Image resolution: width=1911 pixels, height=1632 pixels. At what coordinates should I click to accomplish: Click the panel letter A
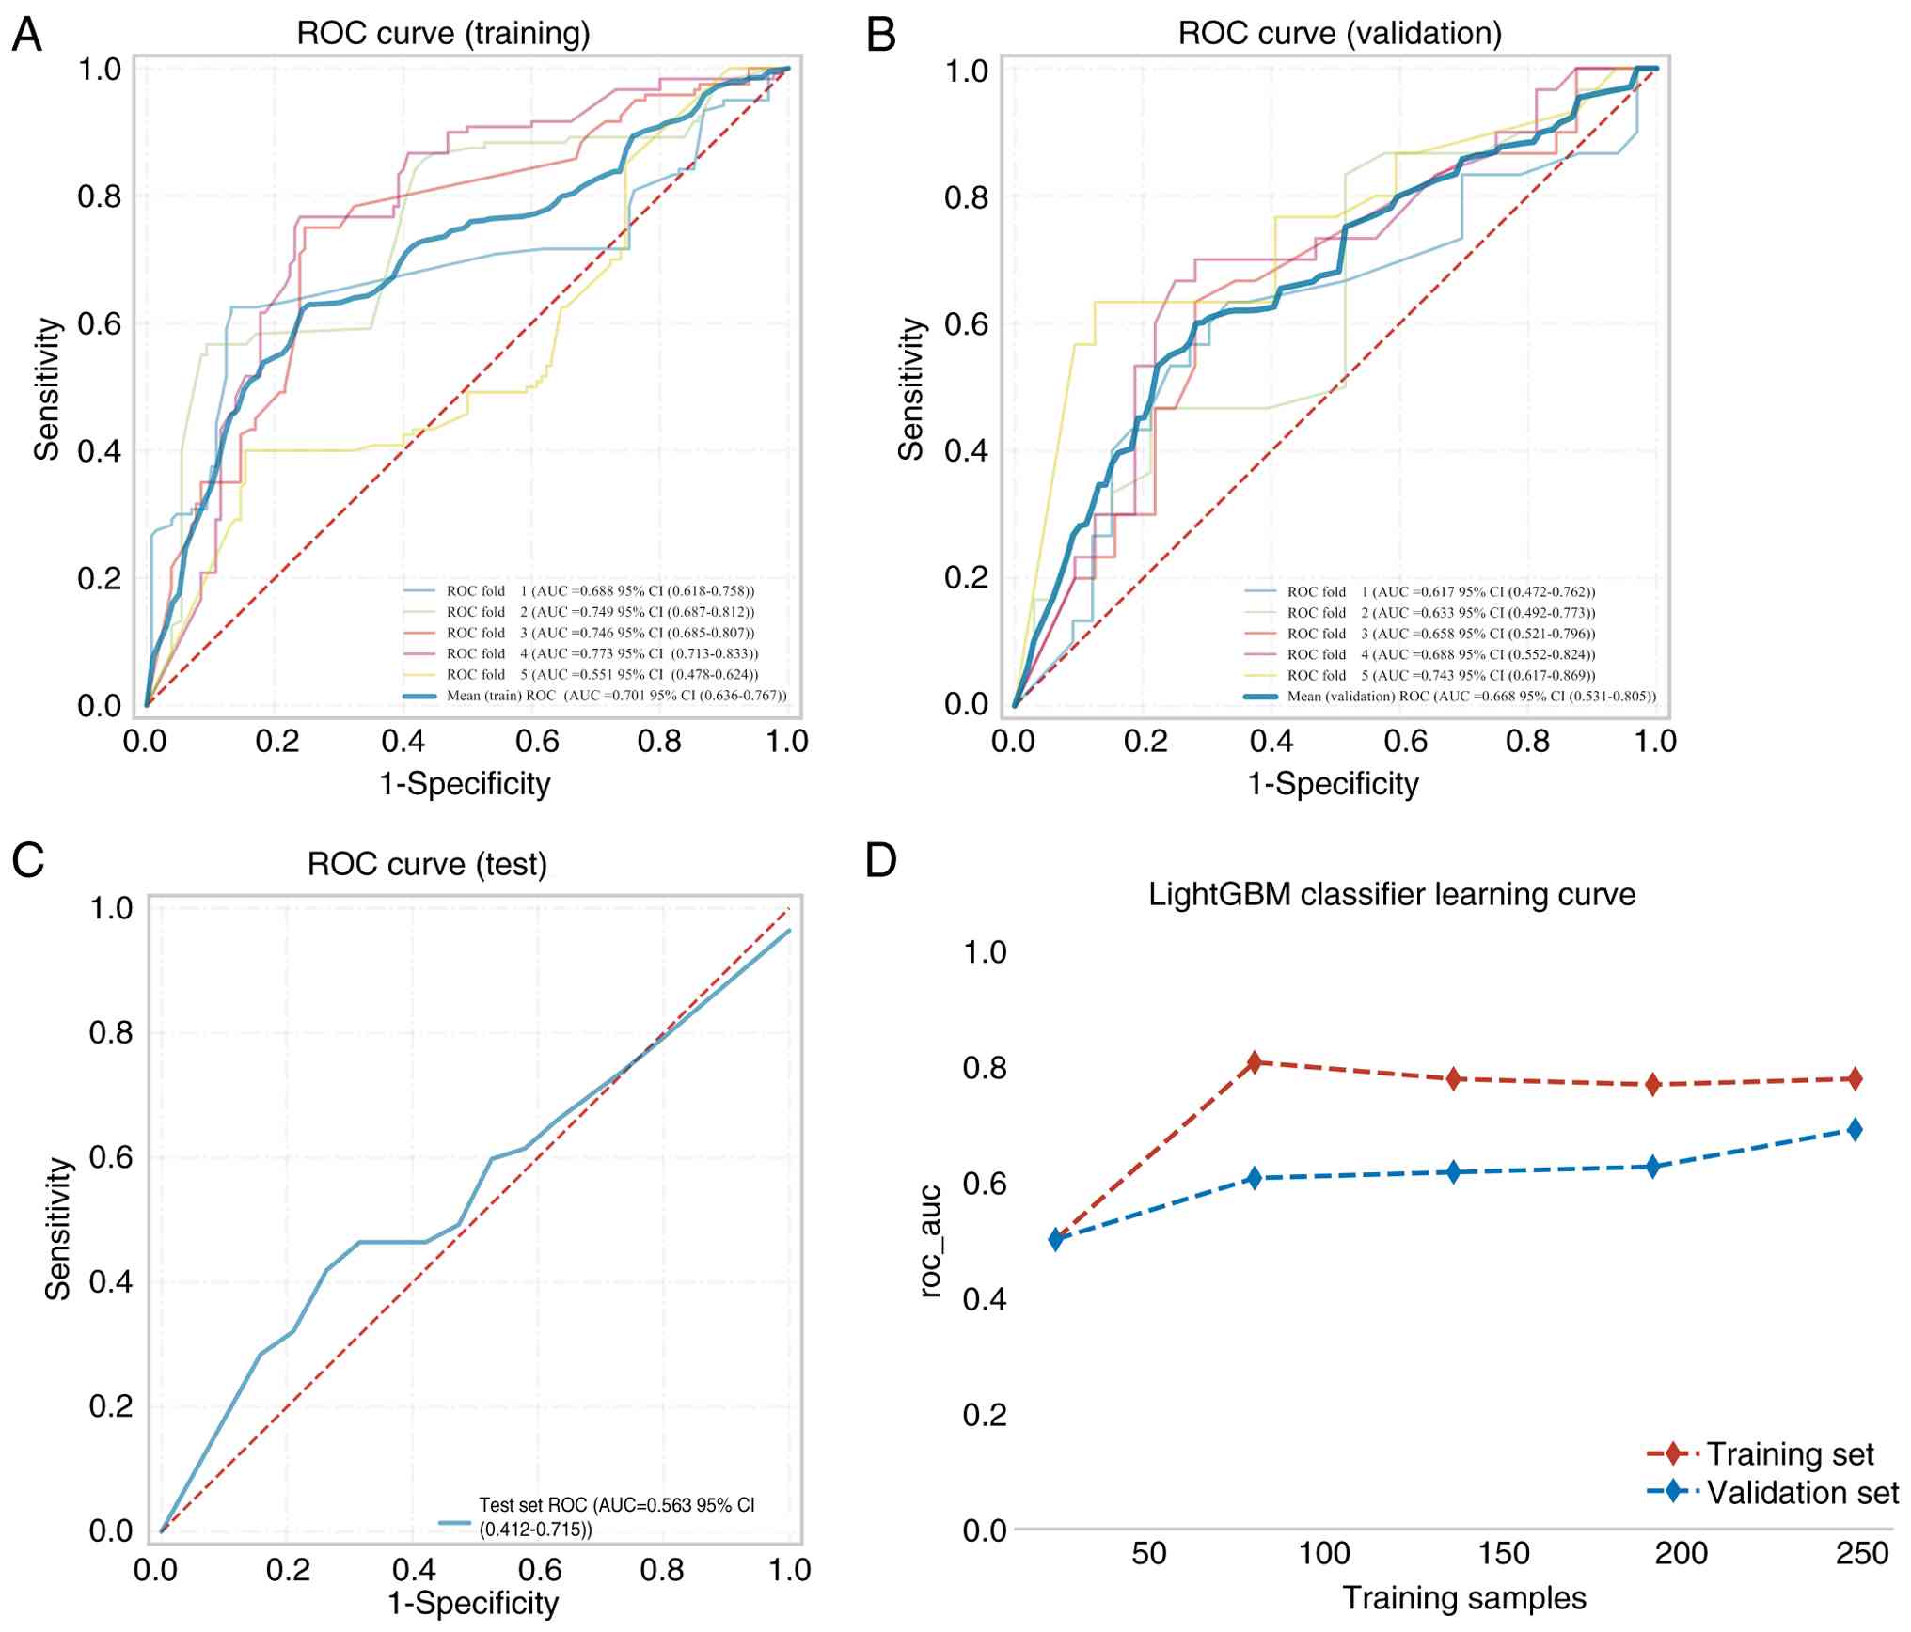27,35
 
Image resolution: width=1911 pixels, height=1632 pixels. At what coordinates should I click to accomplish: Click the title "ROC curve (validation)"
1339,33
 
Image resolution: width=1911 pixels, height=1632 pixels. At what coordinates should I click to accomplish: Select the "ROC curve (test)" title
427,863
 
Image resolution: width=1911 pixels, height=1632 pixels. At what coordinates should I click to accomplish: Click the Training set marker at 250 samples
1855,1078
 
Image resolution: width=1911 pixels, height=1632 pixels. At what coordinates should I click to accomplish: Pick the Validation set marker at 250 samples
1855,1129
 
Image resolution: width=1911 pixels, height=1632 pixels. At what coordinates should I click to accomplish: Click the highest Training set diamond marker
1254,1062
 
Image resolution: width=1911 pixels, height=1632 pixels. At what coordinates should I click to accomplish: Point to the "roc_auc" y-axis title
929,1241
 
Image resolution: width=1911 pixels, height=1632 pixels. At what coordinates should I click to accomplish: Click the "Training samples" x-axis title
1463,1598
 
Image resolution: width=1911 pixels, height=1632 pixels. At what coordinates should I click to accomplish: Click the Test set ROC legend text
616,1517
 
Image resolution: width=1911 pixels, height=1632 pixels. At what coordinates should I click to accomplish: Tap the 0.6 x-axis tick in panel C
540,1570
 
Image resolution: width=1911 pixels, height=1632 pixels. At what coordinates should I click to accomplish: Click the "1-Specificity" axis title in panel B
1333,783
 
